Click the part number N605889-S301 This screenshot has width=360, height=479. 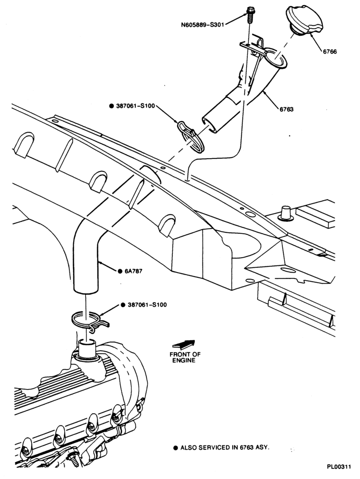[203, 25]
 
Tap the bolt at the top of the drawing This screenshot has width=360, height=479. [249, 14]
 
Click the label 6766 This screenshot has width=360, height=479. [330, 52]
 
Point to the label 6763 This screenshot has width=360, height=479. [286, 109]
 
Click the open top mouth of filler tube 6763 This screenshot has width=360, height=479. [275, 58]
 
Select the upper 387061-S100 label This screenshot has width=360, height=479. [135, 106]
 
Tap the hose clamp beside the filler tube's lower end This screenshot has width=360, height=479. [191, 137]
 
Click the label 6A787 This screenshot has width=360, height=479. [134, 271]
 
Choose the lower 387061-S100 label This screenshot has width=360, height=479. [147, 305]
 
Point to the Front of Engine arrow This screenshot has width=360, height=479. [184, 344]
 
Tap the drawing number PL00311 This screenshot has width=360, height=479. [339, 467]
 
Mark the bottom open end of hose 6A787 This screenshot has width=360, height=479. [86, 291]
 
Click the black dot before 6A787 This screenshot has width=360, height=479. [120, 271]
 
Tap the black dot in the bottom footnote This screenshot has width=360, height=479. [176, 448]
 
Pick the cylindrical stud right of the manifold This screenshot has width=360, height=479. [286, 214]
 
